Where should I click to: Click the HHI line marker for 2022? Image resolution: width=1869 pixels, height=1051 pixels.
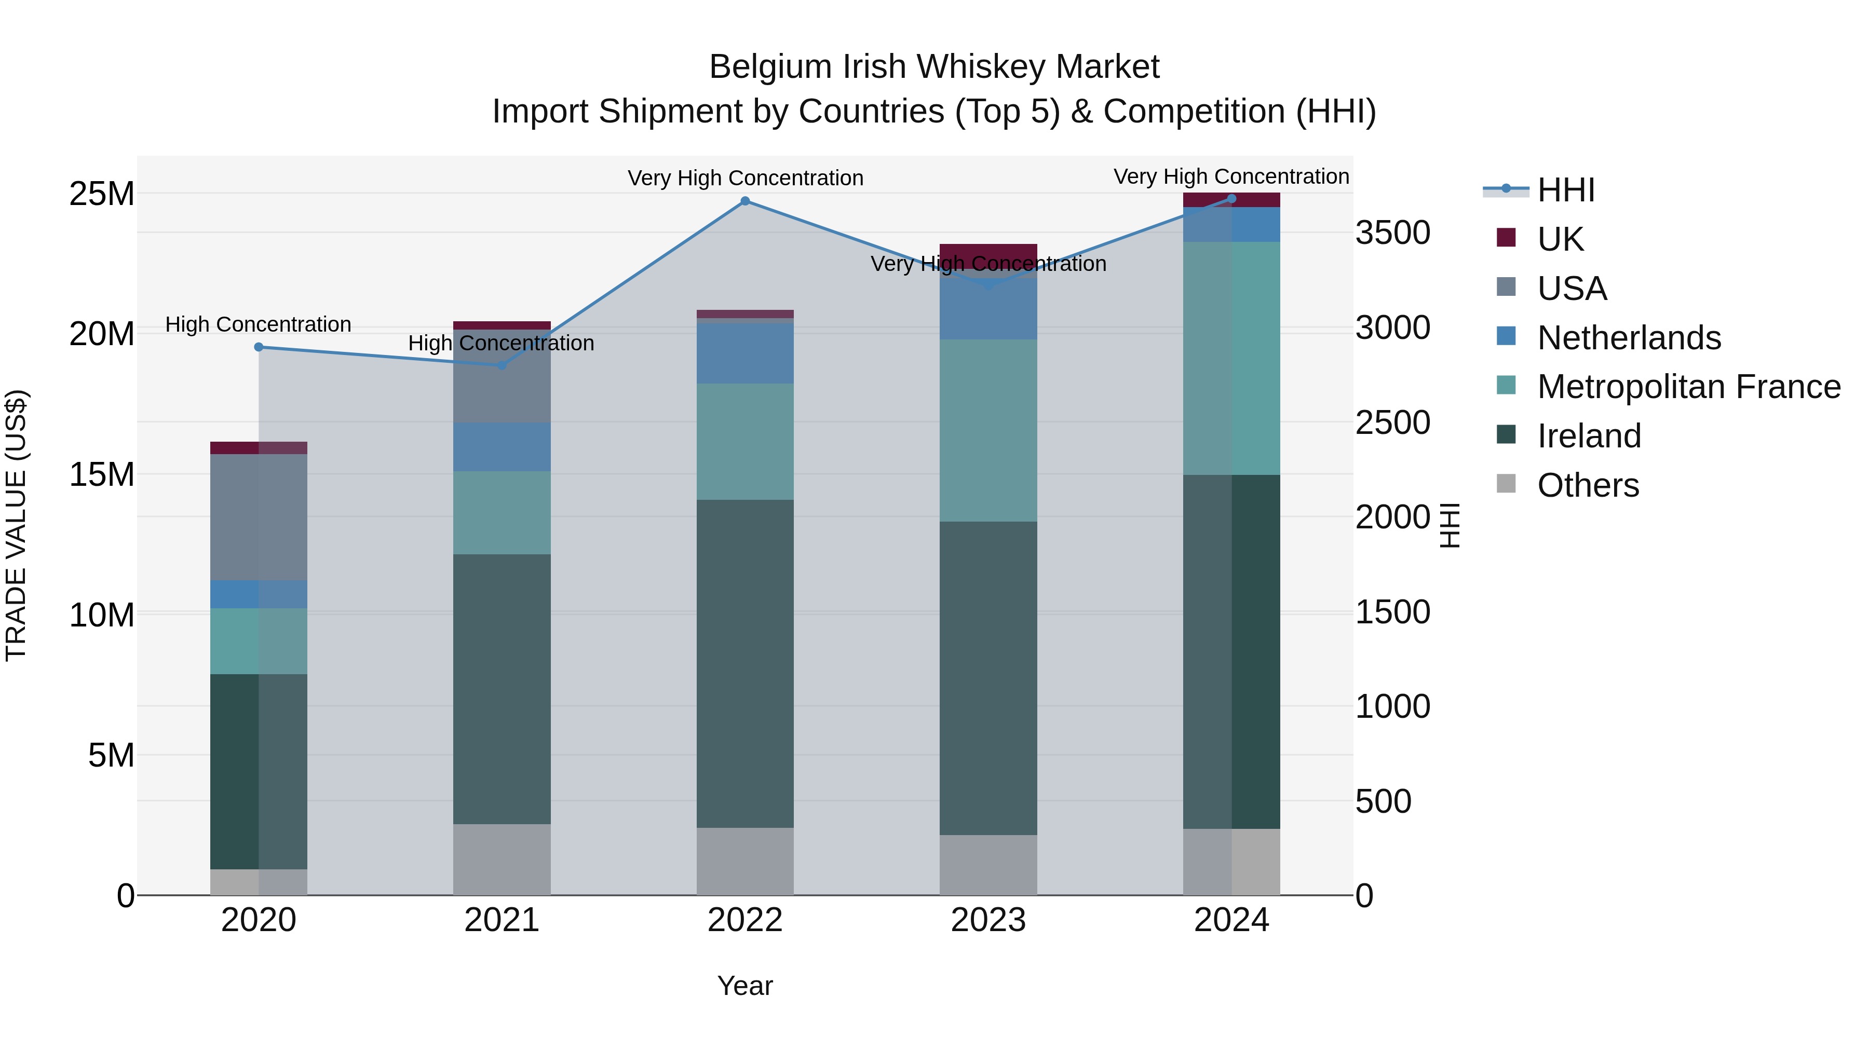pyautogui.click(x=745, y=201)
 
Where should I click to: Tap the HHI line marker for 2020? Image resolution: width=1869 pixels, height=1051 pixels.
pyautogui.click(x=259, y=347)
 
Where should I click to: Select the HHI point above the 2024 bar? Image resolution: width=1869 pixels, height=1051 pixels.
pyautogui.click(x=1231, y=198)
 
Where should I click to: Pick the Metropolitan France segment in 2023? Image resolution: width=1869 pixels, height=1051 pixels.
pyautogui.click(x=988, y=430)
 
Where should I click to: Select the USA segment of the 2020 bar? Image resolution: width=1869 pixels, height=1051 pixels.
pyautogui.click(x=259, y=516)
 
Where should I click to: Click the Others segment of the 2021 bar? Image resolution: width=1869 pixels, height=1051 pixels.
pyautogui.click(x=502, y=859)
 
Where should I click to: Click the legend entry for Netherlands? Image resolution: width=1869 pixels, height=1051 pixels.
pyautogui.click(x=1629, y=337)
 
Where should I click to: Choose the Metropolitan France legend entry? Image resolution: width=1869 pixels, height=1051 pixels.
pyautogui.click(x=1688, y=387)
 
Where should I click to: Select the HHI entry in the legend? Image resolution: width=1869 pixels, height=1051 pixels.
pyautogui.click(x=1566, y=190)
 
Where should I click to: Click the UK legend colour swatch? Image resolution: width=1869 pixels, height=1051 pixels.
pyautogui.click(x=1506, y=238)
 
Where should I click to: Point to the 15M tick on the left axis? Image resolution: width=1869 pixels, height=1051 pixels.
pyautogui.click(x=102, y=474)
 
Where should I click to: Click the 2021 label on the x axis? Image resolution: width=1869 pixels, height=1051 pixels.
pyautogui.click(x=502, y=920)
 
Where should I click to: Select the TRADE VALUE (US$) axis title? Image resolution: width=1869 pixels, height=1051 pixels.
pyautogui.click(x=16, y=525)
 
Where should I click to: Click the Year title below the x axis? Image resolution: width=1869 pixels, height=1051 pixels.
pyautogui.click(x=745, y=986)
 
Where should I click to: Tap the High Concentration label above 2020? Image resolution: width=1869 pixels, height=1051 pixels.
pyautogui.click(x=259, y=324)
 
